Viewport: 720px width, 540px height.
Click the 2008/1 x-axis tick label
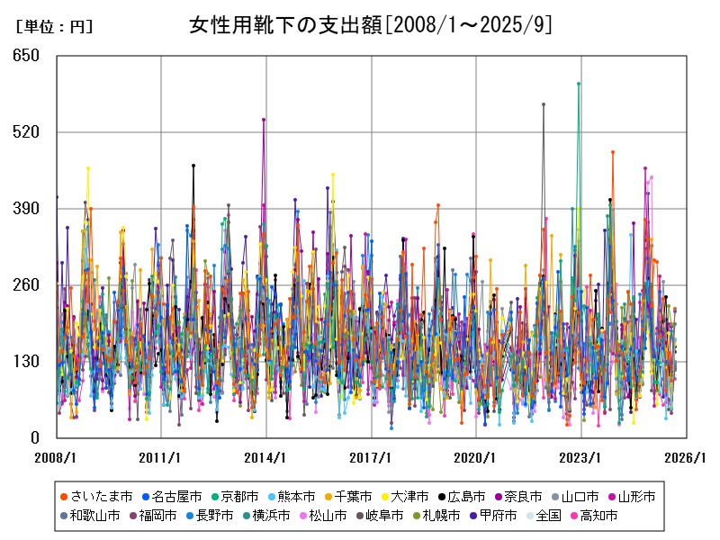click(57, 457)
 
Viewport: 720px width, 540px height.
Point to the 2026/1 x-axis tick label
click(687, 457)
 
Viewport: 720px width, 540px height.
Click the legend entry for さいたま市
click(95, 496)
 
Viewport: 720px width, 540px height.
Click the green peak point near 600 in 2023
click(579, 84)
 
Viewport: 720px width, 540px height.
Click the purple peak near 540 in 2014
click(264, 119)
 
